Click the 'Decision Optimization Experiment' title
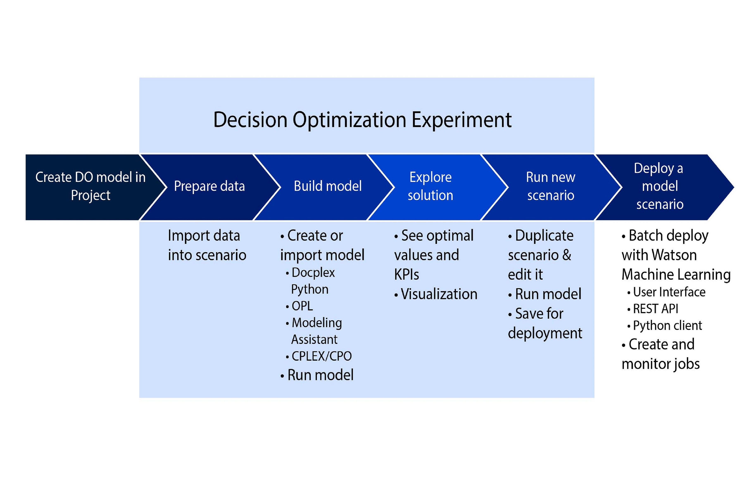(x=362, y=120)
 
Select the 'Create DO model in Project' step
(x=90, y=187)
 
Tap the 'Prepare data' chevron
(x=210, y=187)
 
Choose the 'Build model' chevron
(x=328, y=187)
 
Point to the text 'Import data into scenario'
(x=207, y=245)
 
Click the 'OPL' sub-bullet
(x=299, y=306)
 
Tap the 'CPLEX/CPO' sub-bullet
(x=319, y=356)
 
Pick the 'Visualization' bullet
(x=436, y=294)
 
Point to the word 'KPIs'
(x=407, y=274)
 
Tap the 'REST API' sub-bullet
(x=653, y=309)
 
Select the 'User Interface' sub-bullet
(x=666, y=292)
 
